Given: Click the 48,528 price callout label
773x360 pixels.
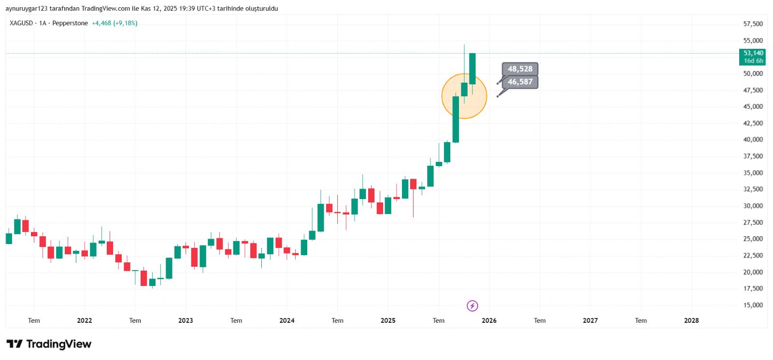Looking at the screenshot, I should pyautogui.click(x=520, y=69).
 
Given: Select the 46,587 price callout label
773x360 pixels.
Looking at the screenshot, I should pyautogui.click(x=520, y=82).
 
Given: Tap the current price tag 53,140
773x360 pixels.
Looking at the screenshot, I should pyautogui.click(x=753, y=53).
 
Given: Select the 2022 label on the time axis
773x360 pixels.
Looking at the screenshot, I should pyautogui.click(x=85, y=320).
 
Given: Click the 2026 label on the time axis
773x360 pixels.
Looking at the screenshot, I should pyautogui.click(x=489, y=320).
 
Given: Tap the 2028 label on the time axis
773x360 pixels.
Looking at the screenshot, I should pyautogui.click(x=691, y=320).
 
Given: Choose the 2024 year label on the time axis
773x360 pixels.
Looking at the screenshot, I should pyautogui.click(x=287, y=320).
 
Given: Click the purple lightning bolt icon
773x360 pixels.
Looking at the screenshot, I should pyautogui.click(x=472, y=306).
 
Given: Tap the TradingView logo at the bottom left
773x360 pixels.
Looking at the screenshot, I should pyautogui.click(x=49, y=344).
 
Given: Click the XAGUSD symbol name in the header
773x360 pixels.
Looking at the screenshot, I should pyautogui.click(x=21, y=23).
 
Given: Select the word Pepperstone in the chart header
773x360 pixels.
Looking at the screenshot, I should pyautogui.click(x=70, y=23).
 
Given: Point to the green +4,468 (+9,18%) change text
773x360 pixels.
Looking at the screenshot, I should pyautogui.click(x=115, y=23).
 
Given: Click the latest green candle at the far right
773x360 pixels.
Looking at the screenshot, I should pyautogui.click(x=472, y=69).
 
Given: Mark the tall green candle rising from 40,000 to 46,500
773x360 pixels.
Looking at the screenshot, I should pyautogui.click(x=456, y=119).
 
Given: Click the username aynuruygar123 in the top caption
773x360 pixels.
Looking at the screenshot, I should pyautogui.click(x=27, y=9).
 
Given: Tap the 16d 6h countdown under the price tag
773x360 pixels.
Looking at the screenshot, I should pyautogui.click(x=753, y=61).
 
